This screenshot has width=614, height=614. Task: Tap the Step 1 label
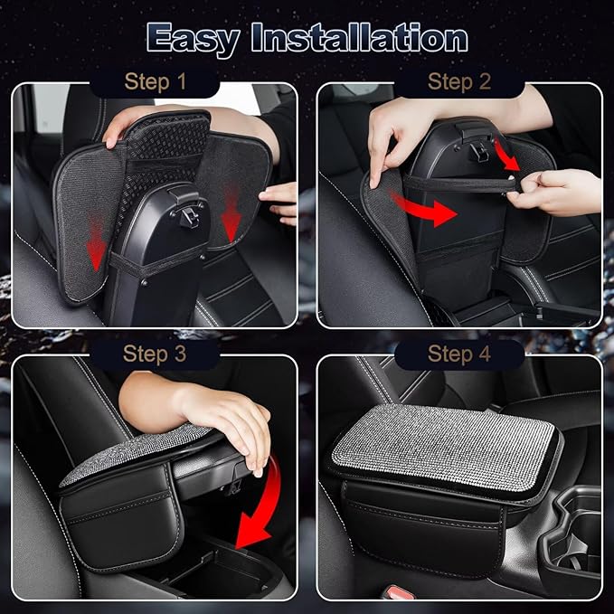[155, 82]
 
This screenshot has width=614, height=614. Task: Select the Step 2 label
[458, 82]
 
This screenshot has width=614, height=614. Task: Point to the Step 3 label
[155, 353]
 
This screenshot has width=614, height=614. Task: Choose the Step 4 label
[458, 353]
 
